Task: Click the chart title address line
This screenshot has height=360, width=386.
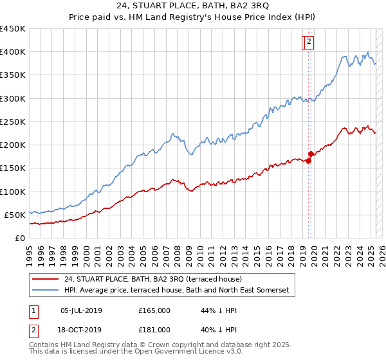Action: (x=192, y=8)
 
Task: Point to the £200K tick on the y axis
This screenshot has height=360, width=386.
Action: (x=13, y=145)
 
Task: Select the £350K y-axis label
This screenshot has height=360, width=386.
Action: (x=13, y=75)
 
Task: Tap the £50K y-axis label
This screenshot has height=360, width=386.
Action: (x=15, y=215)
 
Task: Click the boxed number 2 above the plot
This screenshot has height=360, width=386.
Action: (x=309, y=42)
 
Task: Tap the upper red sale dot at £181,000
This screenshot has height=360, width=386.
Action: (x=311, y=154)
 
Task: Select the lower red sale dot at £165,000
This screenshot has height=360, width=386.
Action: (x=308, y=161)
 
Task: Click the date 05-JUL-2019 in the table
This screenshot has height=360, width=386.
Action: (x=81, y=310)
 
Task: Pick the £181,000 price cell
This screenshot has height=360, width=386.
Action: (x=154, y=330)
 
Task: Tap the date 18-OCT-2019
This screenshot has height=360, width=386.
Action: (x=81, y=330)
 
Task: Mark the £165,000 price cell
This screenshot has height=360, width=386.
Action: (x=154, y=310)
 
